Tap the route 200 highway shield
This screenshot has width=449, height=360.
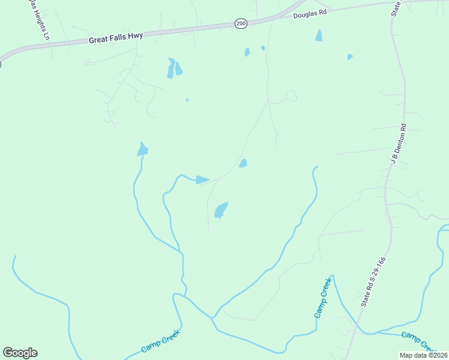tap(241, 23)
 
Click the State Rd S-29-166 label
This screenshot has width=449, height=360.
tap(373, 283)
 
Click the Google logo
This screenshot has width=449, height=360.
tap(20, 353)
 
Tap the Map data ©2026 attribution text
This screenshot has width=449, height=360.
tap(424, 355)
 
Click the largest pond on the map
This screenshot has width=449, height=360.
tap(221, 210)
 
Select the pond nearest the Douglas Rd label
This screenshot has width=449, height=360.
tap(319, 35)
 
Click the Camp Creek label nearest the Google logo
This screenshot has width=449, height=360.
tap(160, 340)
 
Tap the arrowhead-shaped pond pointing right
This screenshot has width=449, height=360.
tap(202, 180)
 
